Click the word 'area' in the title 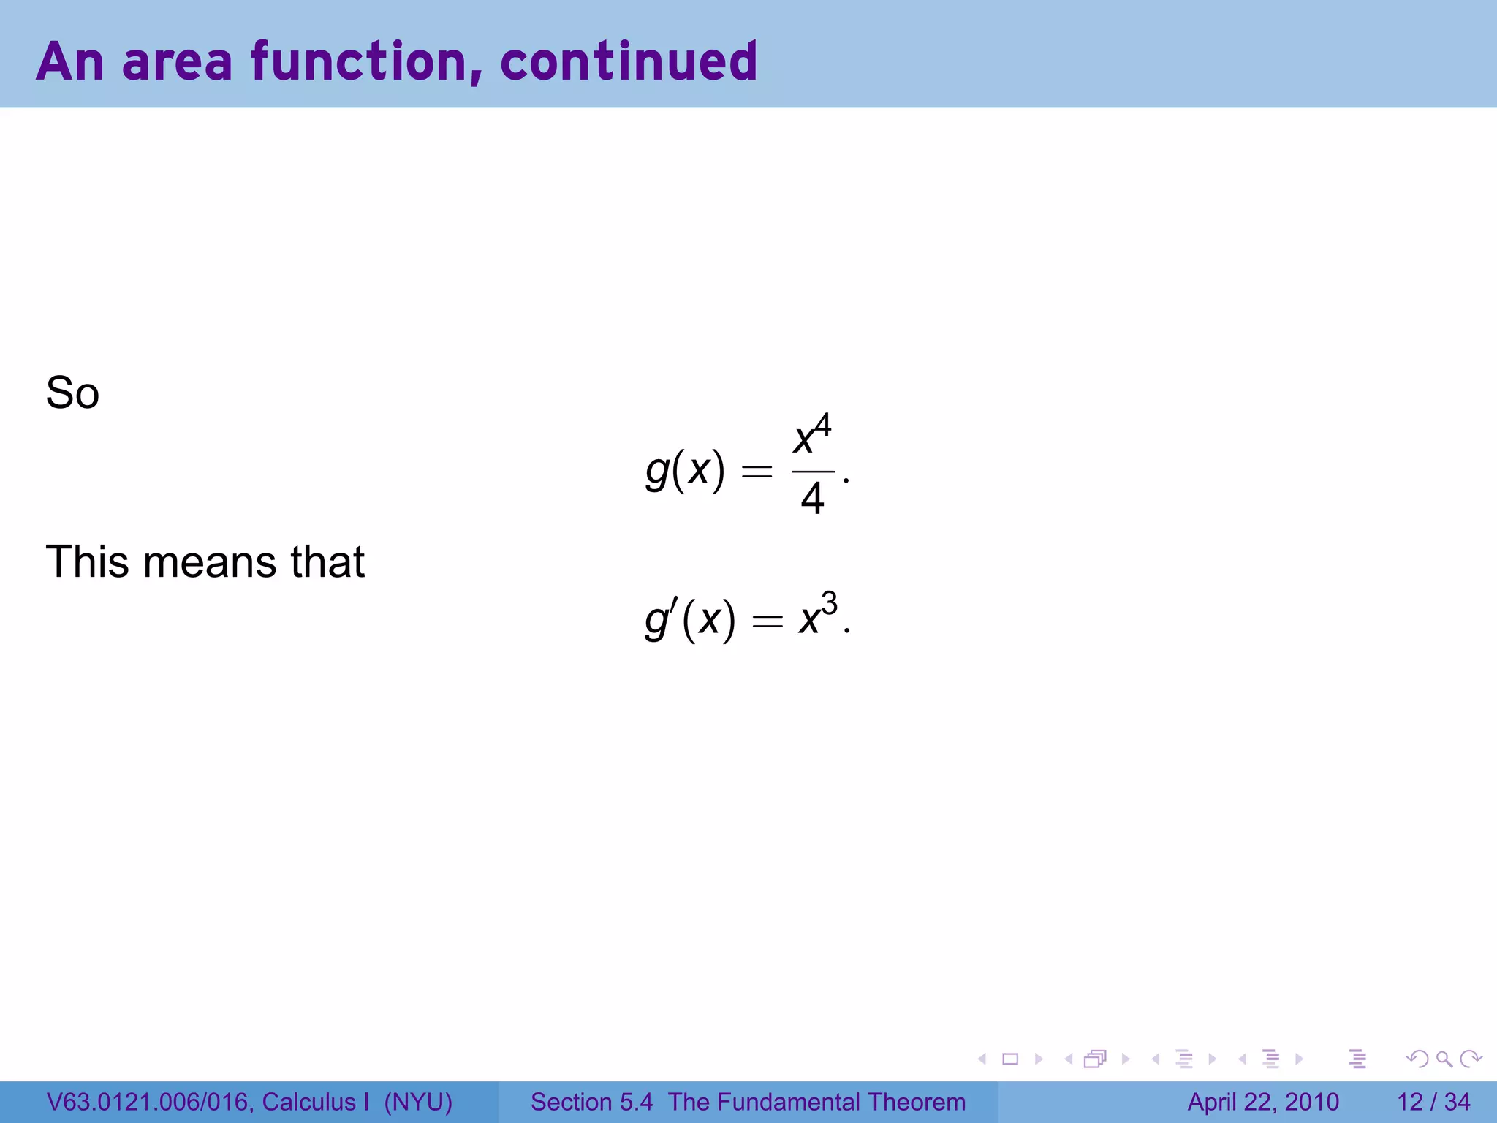(x=177, y=62)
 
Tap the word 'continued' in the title (x=629, y=62)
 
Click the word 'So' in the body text (x=72, y=393)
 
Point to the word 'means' (x=210, y=562)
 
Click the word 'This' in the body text (x=88, y=562)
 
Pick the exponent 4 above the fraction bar (x=823, y=425)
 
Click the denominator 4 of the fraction (x=812, y=499)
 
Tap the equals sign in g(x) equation (x=757, y=472)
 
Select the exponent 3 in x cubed (x=829, y=604)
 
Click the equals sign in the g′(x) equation (x=767, y=622)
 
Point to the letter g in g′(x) (x=656, y=621)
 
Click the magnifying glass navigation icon (x=1444, y=1059)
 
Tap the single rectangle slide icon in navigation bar (x=1010, y=1059)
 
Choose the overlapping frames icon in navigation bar (x=1095, y=1059)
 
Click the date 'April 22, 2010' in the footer (x=1263, y=1102)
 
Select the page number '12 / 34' (x=1433, y=1102)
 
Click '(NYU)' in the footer (x=418, y=1102)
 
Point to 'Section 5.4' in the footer (x=591, y=1102)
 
